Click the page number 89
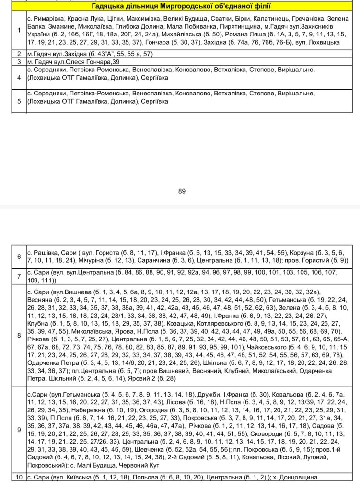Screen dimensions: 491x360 click(182, 191)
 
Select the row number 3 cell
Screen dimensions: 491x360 click(19, 62)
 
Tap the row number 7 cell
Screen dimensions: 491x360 click(19, 276)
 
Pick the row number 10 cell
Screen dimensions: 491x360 click(19, 477)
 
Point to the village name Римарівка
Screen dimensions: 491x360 click(50, 18)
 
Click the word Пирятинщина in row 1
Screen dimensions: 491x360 click(239, 26)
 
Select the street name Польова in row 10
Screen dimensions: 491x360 click(133, 477)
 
